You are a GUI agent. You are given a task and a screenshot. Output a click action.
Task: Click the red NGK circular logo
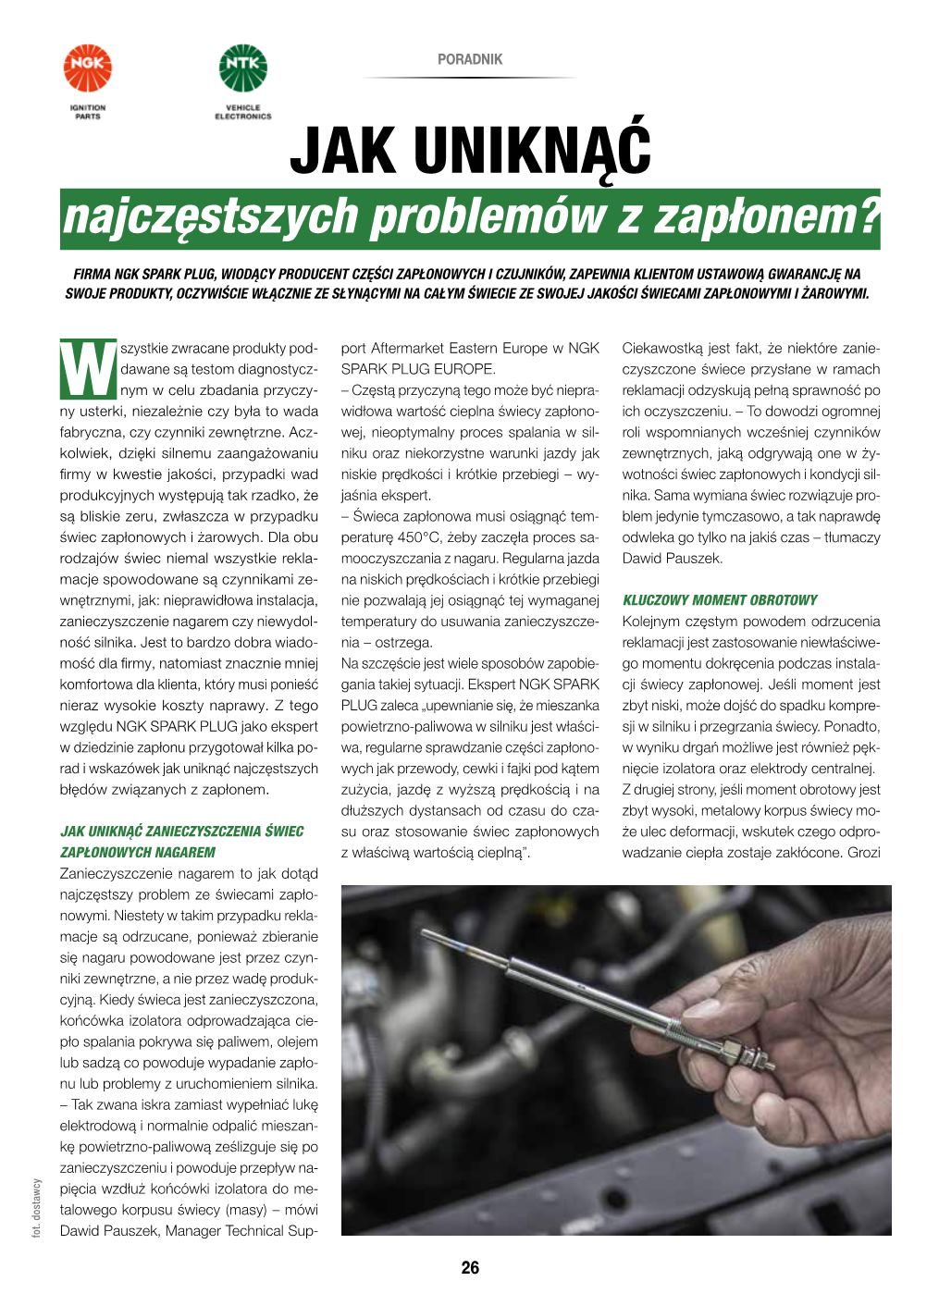tap(88, 68)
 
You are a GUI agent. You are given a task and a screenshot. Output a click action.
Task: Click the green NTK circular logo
tap(242, 68)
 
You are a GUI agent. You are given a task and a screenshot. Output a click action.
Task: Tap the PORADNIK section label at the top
tap(470, 59)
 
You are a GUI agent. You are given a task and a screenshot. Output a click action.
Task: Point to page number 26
tap(470, 1268)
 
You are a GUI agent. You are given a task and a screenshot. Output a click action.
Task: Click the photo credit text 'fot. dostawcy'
tap(34, 1207)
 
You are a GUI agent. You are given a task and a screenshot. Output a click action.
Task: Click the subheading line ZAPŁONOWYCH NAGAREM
tap(137, 852)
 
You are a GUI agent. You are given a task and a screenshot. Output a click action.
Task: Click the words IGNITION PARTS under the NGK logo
tap(88, 113)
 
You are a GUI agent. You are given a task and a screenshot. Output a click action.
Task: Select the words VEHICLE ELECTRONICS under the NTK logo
tap(242, 113)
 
